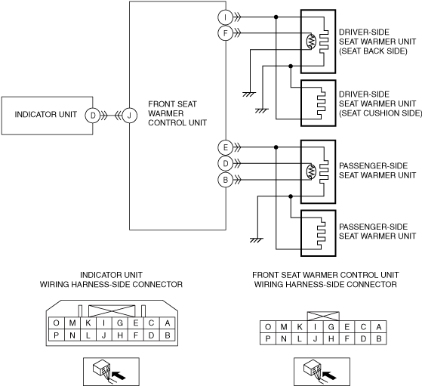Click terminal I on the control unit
coord(225,17)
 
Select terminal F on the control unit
coord(225,33)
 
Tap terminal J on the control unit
coord(129,116)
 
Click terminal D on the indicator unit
coord(93,116)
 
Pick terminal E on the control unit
coord(225,147)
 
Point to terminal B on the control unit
coord(225,180)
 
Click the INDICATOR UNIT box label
coord(46,115)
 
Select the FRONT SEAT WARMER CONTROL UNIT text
coord(177,113)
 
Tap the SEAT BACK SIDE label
coord(373,51)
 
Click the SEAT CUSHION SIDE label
coord(380,113)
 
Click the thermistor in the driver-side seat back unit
coord(311,42)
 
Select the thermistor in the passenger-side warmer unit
coord(311,171)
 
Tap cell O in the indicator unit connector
coord(57,323)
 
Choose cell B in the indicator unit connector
coord(168,335)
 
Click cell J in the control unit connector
coord(315,339)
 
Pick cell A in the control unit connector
coord(379,327)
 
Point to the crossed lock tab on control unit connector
coord(323,317)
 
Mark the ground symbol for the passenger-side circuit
coord(257,240)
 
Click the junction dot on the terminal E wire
coord(276,147)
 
